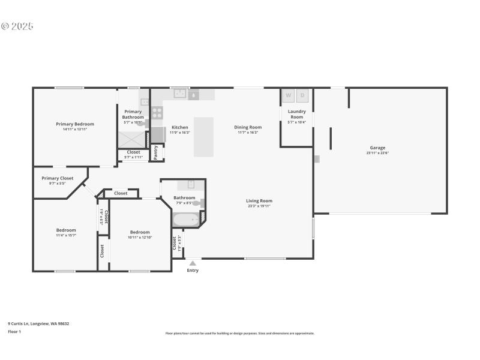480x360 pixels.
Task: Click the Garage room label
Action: pyautogui.click(x=377, y=148)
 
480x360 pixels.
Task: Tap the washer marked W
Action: pyautogui.click(x=288, y=95)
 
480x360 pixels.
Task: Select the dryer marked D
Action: pyautogui.click(x=303, y=95)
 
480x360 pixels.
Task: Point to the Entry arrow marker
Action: pyautogui.click(x=193, y=263)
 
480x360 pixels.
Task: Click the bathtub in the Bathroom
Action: pyautogui.click(x=187, y=220)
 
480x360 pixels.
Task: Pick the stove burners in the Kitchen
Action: pyautogui.click(x=157, y=113)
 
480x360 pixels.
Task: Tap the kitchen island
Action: pyautogui.click(x=203, y=137)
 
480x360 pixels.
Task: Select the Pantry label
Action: pyautogui.click(x=155, y=152)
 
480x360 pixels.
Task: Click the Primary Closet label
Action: pyautogui.click(x=58, y=178)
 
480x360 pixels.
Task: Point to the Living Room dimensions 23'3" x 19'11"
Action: pyautogui.click(x=259, y=206)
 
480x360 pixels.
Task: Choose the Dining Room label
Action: pyautogui.click(x=248, y=127)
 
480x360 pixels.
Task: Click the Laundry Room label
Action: pyautogui.click(x=297, y=114)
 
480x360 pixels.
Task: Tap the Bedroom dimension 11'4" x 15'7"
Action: pyautogui.click(x=66, y=236)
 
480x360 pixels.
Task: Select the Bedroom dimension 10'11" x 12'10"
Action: pyautogui.click(x=140, y=237)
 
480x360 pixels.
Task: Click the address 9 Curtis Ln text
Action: pyautogui.click(x=38, y=323)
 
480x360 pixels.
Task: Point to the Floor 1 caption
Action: pyautogui.click(x=14, y=331)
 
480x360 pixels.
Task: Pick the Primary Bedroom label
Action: pyautogui.click(x=75, y=124)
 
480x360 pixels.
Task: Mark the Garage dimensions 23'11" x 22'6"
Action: pyautogui.click(x=377, y=153)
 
